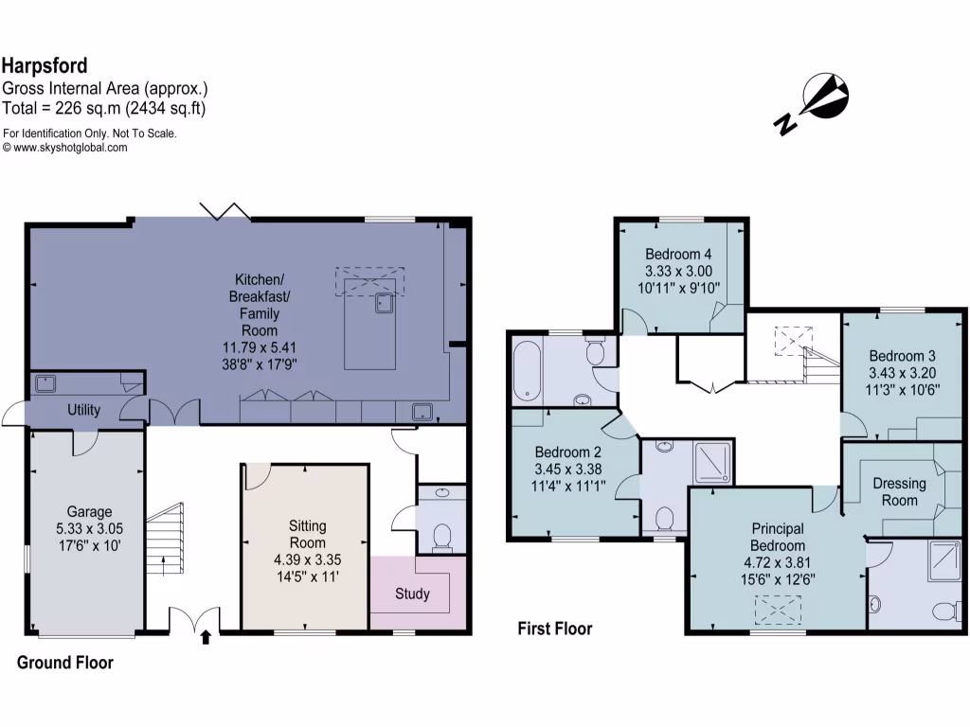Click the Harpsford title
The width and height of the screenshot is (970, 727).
[45, 65]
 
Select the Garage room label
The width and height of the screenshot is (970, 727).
[88, 512]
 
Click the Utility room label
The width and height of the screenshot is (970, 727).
[83, 410]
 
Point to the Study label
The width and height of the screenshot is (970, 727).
[412, 594]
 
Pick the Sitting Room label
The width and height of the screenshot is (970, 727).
[307, 534]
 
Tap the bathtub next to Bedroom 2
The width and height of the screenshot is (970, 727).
[528, 370]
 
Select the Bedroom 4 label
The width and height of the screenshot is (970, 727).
[678, 254]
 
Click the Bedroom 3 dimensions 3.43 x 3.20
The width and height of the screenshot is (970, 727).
[901, 372]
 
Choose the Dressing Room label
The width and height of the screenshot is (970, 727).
[899, 491]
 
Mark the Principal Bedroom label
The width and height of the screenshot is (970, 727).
[778, 537]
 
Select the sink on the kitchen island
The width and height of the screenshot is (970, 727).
[384, 303]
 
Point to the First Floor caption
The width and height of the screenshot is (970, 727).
[554, 629]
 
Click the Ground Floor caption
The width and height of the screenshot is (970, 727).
[64, 663]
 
